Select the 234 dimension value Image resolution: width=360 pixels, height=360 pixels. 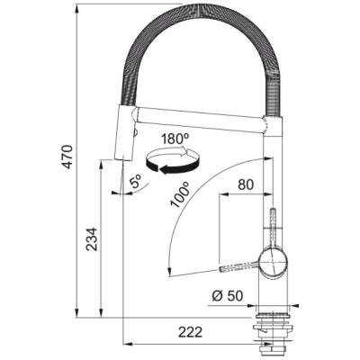[87, 242]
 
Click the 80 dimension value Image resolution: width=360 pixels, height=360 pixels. [244, 186]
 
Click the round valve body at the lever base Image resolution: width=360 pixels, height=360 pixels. [271, 262]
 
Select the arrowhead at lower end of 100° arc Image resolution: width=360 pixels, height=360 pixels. [170, 270]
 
